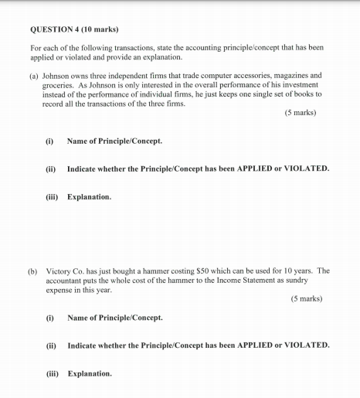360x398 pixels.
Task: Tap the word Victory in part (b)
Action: click(59, 271)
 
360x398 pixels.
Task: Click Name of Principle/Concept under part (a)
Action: click(115, 141)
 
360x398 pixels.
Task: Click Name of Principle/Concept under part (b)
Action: click(115, 318)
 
